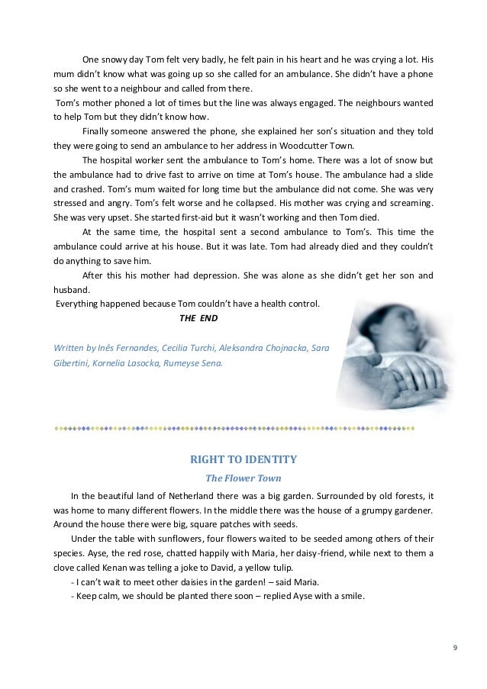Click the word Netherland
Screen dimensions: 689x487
179,497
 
